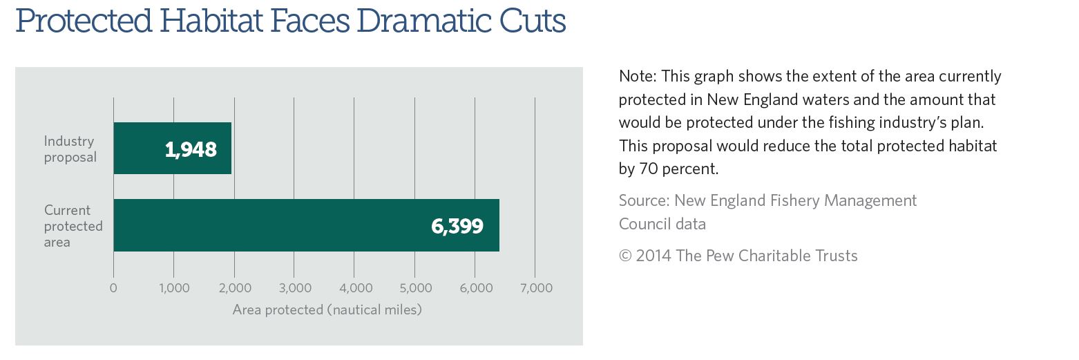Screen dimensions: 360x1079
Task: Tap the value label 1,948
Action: click(x=191, y=149)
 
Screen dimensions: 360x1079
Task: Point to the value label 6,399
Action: click(x=457, y=226)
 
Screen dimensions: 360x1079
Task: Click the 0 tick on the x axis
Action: click(x=113, y=288)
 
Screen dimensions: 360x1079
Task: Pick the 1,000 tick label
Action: click(x=173, y=288)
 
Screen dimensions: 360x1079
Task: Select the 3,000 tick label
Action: click(x=294, y=288)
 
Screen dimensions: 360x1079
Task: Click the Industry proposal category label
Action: click(x=70, y=149)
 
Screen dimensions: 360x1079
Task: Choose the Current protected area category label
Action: click(x=73, y=226)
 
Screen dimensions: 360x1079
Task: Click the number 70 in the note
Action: click(x=638, y=169)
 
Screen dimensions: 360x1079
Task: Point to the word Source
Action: click(x=642, y=200)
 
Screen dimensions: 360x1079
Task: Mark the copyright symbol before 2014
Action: click(x=625, y=256)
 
